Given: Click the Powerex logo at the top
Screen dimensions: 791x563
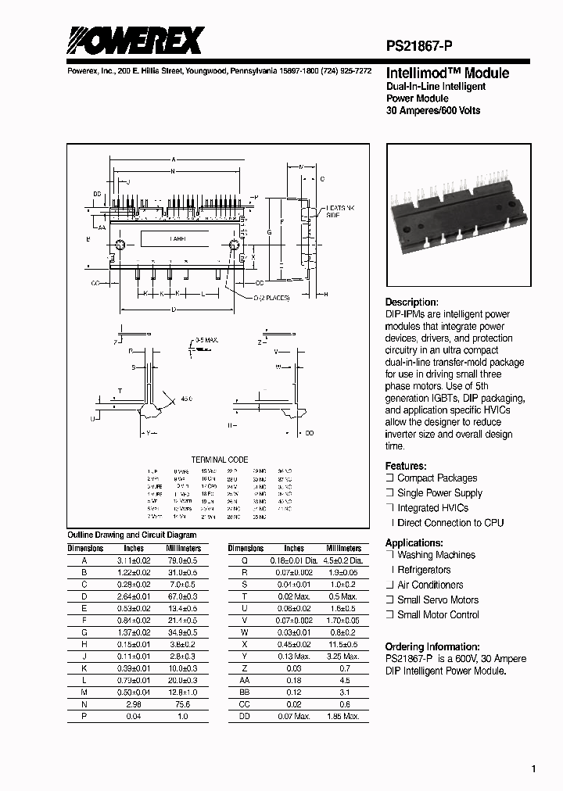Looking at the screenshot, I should tap(135, 40).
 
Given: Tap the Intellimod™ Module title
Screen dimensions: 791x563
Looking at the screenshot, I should tap(436, 73).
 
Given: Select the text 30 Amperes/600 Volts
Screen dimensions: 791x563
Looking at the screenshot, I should tap(433, 110).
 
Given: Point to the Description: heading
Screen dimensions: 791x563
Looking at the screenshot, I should tap(412, 302).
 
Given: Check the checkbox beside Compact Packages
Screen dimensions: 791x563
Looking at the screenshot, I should tap(389, 478).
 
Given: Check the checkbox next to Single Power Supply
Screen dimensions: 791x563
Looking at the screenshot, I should tap(389, 493).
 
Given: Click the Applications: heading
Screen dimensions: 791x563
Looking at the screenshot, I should tap(414, 542).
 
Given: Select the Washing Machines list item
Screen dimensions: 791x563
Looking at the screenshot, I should tap(436, 555).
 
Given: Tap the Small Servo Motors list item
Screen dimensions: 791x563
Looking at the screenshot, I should tap(437, 600).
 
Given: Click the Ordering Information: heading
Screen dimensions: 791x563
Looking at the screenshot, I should tap(432, 646).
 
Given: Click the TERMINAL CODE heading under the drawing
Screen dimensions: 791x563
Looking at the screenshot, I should tap(220, 460).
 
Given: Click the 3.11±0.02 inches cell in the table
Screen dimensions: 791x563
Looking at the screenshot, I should tap(134, 560).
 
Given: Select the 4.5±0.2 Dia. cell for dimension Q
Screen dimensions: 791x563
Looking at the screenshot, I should tap(343, 560).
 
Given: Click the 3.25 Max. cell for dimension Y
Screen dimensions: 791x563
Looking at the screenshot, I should tap(343, 656).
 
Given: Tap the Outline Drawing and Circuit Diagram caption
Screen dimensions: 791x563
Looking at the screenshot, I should tap(132, 535).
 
